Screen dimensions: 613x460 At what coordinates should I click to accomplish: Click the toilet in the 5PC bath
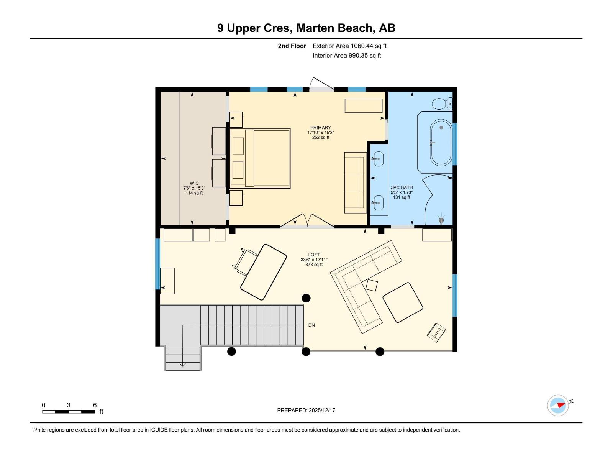point(442,104)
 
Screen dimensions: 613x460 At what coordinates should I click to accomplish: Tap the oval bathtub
point(441,143)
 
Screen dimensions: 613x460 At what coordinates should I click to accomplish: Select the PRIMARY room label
point(320,128)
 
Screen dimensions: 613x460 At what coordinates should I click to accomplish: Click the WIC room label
point(194,183)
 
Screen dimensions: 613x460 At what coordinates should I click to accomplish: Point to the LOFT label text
point(314,255)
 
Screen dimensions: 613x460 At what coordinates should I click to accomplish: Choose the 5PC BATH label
point(402,188)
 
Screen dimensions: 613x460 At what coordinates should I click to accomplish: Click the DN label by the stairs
point(311,325)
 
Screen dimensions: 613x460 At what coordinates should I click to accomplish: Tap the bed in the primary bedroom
point(260,158)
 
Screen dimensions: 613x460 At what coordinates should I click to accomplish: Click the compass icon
point(558,405)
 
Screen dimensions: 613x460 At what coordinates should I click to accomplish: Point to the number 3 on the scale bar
point(69,405)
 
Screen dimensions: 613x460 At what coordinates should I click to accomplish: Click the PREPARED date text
point(306,410)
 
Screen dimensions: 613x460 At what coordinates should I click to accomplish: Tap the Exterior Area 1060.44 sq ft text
point(349,46)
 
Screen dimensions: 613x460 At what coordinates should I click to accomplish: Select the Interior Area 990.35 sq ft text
point(347,56)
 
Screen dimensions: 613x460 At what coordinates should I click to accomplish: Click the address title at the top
point(306,28)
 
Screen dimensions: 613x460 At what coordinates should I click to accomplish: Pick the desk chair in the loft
point(245,262)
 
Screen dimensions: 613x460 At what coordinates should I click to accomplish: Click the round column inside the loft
point(306,298)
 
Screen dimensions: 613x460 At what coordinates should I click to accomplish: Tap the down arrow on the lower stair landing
point(183,365)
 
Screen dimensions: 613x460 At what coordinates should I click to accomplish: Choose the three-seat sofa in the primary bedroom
point(355,183)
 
